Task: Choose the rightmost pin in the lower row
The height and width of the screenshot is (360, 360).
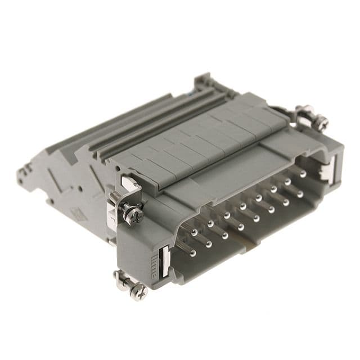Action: [x=300, y=194]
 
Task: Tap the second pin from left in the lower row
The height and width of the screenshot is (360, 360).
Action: [x=209, y=244]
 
